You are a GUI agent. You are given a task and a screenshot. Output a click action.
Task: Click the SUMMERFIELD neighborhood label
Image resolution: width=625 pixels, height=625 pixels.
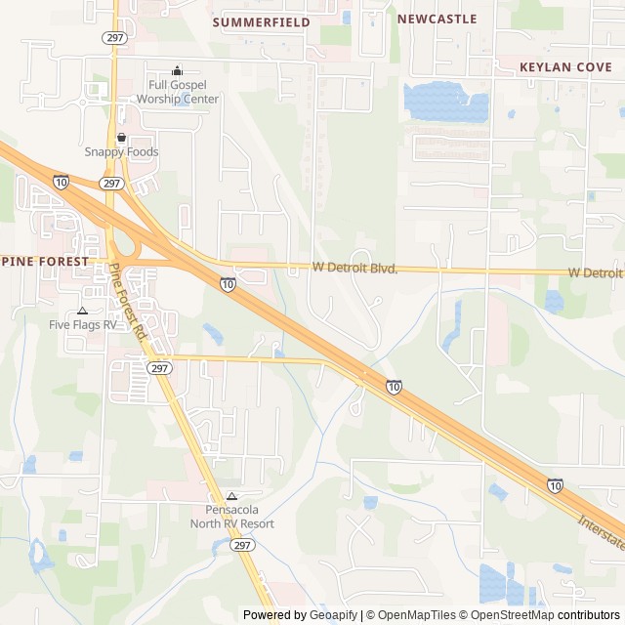[261, 21]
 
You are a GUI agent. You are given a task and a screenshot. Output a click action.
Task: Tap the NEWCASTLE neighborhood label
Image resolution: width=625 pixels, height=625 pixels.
[437, 19]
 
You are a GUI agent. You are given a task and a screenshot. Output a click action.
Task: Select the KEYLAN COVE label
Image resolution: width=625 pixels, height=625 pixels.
[565, 67]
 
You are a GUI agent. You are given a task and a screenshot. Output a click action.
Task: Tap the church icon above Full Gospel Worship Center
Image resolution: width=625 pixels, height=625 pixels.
[177, 70]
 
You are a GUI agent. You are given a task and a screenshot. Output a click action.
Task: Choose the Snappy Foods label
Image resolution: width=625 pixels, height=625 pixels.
[121, 152]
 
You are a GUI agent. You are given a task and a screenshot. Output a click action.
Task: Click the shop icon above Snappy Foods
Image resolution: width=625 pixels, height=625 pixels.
[121, 138]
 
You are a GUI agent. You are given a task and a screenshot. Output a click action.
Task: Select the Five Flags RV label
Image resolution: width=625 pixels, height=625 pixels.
[83, 324]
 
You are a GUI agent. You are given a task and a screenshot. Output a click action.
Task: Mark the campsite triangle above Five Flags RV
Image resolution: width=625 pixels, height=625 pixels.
[82, 310]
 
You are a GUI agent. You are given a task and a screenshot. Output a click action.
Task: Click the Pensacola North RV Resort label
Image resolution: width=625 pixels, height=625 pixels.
[231, 517]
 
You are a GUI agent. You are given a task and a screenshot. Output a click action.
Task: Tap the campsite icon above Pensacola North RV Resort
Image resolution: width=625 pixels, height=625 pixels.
[231, 495]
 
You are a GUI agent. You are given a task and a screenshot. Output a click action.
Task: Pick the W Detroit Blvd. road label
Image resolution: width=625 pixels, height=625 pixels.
[354, 267]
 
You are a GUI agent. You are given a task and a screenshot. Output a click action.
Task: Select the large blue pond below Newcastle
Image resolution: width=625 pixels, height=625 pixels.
[445, 102]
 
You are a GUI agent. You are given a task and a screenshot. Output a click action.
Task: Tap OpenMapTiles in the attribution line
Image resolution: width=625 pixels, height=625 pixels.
[417, 615]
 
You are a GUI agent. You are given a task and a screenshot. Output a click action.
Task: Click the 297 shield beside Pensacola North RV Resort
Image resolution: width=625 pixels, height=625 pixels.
[242, 547]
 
